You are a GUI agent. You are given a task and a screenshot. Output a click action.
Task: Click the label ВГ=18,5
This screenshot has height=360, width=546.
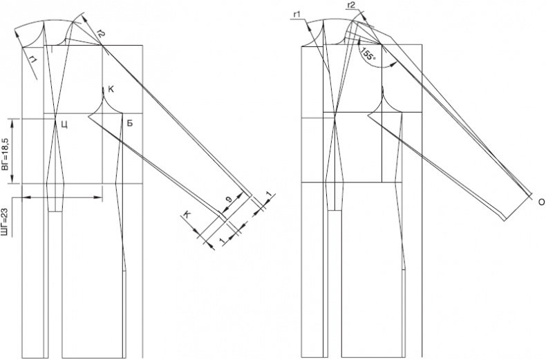[6, 151]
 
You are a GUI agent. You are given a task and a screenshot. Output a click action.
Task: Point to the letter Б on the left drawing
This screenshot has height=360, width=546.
[129, 123]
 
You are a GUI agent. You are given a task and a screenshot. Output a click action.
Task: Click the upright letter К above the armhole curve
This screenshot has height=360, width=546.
[111, 89]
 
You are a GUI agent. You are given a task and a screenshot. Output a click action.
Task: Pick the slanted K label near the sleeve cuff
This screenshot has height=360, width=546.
[187, 215]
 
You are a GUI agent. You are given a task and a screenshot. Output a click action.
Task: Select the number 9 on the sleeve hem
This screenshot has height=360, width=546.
[229, 200]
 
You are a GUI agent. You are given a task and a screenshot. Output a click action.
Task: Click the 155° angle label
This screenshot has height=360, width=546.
[369, 53]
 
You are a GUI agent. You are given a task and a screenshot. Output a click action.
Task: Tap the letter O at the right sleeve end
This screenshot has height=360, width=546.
[541, 202]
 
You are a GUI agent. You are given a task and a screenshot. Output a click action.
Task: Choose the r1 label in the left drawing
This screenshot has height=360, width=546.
[33, 61]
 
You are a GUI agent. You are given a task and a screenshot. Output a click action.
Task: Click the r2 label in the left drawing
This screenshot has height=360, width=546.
[101, 33]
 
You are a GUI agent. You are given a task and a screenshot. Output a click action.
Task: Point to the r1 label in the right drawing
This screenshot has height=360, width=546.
[297, 15]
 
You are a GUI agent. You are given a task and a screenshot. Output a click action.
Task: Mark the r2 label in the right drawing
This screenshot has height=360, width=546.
[351, 5]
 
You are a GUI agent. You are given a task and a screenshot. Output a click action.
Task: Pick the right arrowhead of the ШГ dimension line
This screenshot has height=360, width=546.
[99, 198]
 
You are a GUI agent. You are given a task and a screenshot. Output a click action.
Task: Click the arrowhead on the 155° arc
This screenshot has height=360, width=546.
[394, 64]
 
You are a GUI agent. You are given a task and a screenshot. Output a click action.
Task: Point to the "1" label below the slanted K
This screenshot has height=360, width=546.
[221, 240]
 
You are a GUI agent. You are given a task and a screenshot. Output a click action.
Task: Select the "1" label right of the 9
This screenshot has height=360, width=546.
[270, 196]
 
